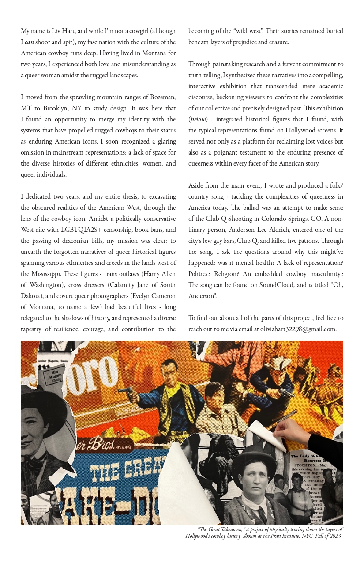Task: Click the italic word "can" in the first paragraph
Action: (x=29, y=42)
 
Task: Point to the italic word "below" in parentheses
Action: (x=198, y=119)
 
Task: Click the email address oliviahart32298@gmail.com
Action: (x=298, y=329)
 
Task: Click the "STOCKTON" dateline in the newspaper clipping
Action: (x=309, y=465)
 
